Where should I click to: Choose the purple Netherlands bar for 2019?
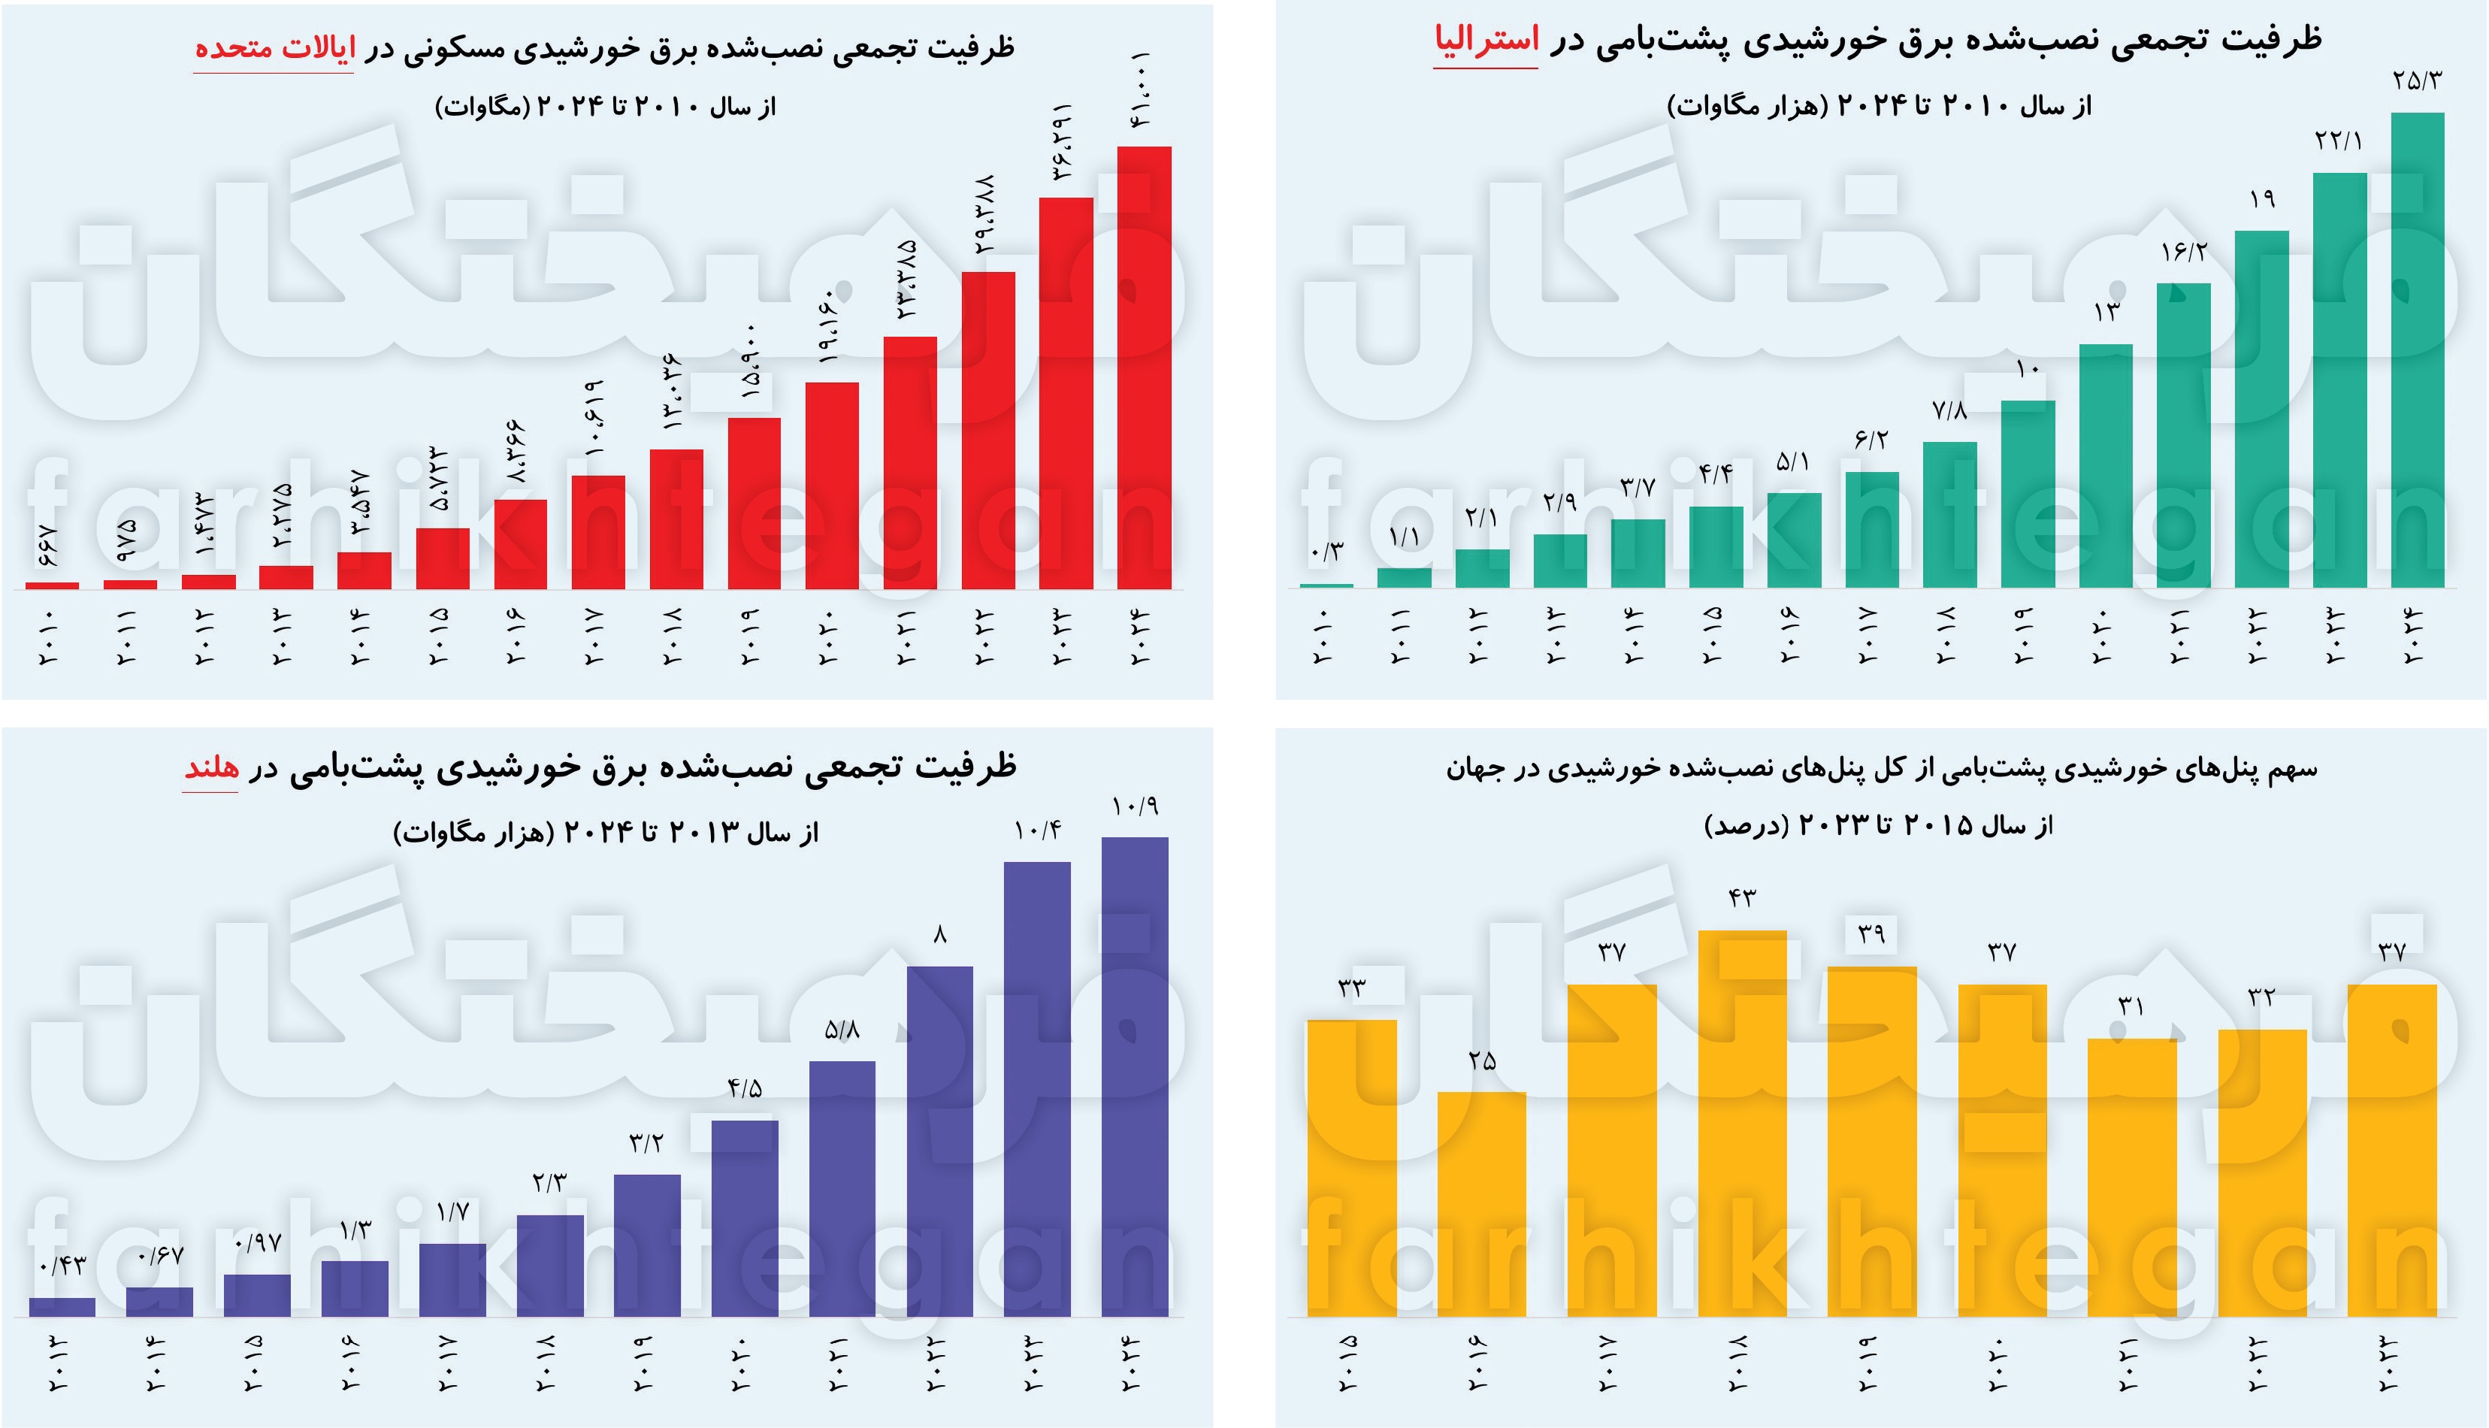coord(646,1245)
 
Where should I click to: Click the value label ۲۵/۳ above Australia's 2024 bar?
coord(2416,81)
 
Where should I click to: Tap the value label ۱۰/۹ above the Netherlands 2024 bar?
coord(1135,807)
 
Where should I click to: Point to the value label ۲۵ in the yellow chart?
coord(1482,1061)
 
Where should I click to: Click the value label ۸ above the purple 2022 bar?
coord(939,936)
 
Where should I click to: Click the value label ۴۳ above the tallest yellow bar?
coord(1742,898)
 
